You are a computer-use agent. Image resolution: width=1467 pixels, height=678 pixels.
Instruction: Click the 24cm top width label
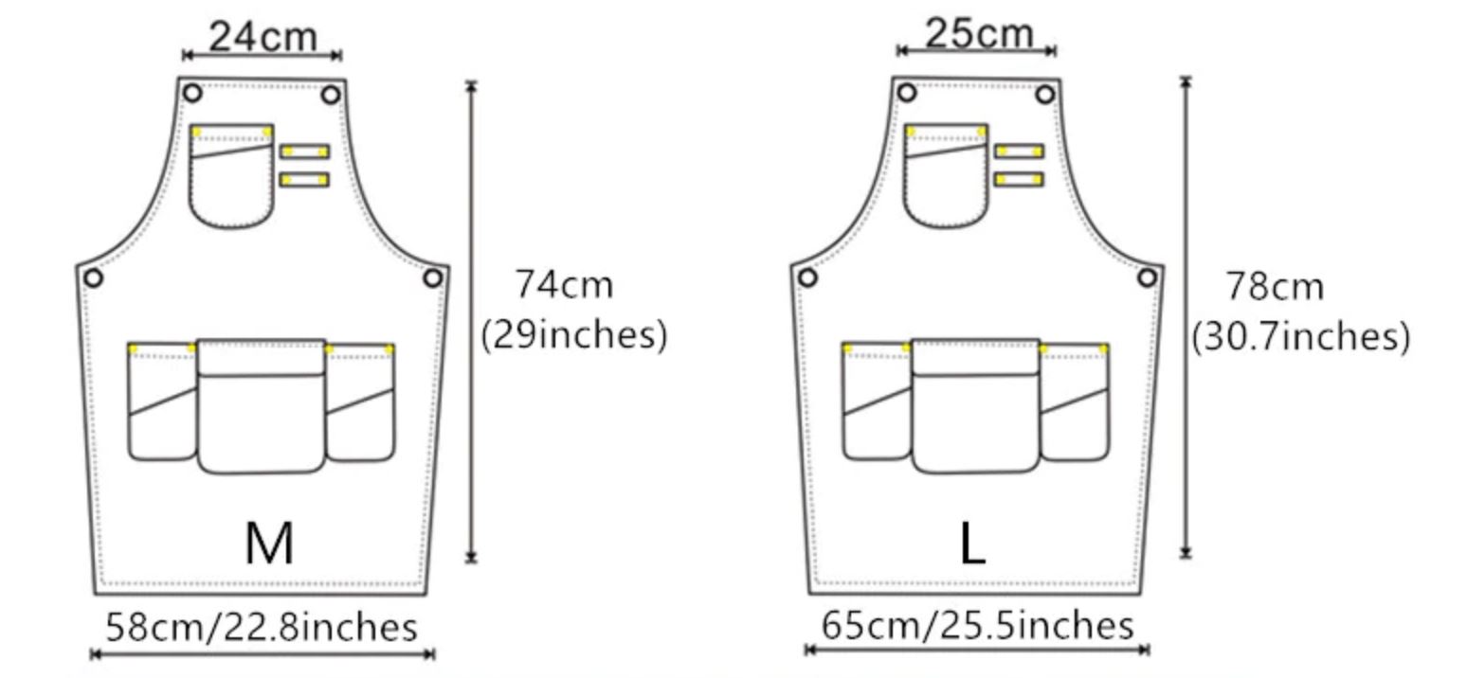(x=263, y=37)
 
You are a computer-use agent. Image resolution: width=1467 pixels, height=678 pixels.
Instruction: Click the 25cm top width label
(x=979, y=33)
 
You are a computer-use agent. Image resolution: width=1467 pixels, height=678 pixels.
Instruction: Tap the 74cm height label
(x=564, y=285)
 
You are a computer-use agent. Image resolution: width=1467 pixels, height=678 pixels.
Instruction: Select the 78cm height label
(x=1275, y=287)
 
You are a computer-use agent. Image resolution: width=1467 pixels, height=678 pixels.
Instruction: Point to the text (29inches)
(x=573, y=335)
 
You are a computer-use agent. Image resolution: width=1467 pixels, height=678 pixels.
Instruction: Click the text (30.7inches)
(x=1300, y=337)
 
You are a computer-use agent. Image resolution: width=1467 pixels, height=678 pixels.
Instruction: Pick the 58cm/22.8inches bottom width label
(x=262, y=627)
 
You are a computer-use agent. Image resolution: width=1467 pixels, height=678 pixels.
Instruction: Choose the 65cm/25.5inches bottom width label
(x=977, y=625)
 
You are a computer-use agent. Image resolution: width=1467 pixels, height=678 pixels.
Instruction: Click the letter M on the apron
(x=269, y=544)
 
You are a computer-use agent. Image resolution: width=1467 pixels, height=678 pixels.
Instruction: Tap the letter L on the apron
(x=972, y=544)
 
